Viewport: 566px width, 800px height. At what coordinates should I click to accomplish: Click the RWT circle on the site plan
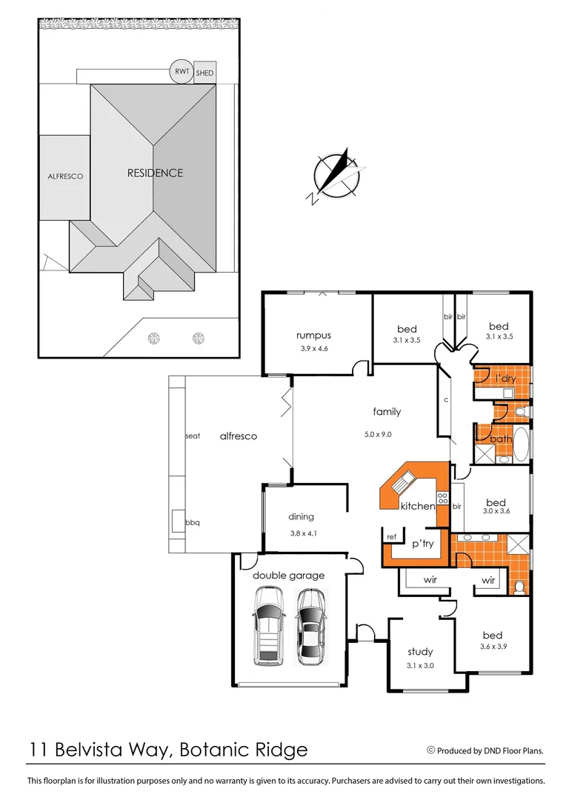182,71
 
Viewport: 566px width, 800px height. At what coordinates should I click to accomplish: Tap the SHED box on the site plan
204,73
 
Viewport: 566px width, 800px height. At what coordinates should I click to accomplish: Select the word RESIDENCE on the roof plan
155,173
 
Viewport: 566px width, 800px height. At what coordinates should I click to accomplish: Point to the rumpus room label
313,336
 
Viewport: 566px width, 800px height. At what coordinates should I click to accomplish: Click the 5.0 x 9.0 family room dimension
378,435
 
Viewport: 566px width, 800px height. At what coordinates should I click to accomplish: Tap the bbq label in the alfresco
193,522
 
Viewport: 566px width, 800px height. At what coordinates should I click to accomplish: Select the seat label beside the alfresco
193,436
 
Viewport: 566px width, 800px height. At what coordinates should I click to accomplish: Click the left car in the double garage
268,625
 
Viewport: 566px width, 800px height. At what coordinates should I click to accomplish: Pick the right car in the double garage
310,627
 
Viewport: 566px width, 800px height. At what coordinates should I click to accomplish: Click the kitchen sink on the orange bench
402,481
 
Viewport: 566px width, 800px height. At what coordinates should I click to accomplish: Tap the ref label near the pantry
391,537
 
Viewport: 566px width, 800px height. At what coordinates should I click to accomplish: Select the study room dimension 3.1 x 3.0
420,665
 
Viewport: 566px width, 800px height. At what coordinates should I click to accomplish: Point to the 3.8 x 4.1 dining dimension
303,533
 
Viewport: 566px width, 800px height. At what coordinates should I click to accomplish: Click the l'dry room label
505,379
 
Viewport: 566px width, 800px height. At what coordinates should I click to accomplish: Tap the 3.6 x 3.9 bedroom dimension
493,647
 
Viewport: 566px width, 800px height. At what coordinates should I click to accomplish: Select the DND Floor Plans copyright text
485,750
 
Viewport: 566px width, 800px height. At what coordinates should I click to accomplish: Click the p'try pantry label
422,544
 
